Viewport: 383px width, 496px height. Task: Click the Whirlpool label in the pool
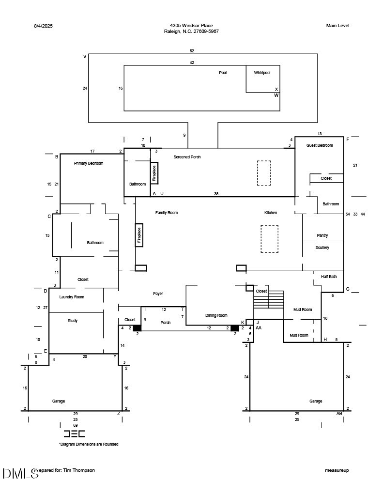coord(262,73)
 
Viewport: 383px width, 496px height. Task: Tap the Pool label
coord(223,73)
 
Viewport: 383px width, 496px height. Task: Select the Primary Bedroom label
coord(89,163)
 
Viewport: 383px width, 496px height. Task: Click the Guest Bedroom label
coord(320,145)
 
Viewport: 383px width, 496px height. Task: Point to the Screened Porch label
coord(187,157)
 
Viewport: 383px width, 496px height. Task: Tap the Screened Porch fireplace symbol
coord(154,173)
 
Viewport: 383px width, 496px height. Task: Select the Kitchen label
coord(271,213)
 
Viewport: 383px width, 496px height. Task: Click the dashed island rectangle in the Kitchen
coord(270,238)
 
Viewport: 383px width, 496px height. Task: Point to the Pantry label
coord(322,235)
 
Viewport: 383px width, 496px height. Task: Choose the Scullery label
coord(322,248)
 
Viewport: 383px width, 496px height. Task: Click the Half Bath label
coord(329,277)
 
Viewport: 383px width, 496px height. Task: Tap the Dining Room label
coord(216,315)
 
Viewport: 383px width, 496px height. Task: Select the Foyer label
coord(158,294)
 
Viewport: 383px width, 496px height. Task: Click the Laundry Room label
coord(72,297)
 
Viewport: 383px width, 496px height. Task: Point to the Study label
coord(73,321)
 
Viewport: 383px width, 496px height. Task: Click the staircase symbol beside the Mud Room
coord(269,299)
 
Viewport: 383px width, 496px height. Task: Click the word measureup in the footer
coord(337,470)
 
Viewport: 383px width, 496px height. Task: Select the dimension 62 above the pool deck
coord(192,51)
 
